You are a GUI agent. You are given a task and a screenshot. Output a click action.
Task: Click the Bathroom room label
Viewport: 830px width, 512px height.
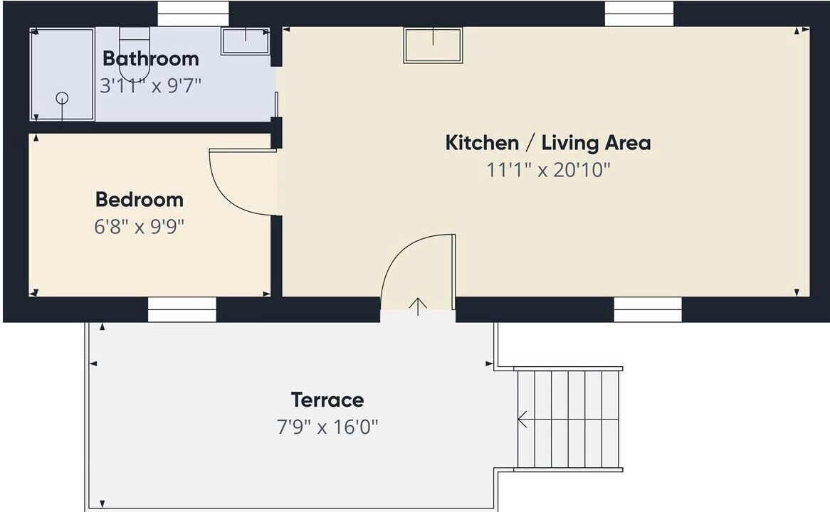(x=151, y=58)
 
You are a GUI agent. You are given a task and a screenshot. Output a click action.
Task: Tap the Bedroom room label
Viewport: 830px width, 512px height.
(x=140, y=199)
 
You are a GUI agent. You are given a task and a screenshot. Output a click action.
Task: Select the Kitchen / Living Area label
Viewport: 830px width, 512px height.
(x=548, y=143)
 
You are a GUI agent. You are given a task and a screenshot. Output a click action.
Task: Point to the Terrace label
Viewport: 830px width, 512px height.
(x=327, y=400)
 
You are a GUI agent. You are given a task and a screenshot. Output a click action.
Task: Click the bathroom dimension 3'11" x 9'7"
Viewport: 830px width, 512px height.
(x=151, y=85)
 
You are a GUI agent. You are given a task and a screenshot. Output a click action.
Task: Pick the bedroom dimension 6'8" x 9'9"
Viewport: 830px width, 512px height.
(x=140, y=226)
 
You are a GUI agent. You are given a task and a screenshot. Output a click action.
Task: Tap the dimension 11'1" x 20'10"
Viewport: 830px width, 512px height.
(x=548, y=170)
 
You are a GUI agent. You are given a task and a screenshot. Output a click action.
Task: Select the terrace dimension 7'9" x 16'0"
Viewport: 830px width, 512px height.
(x=327, y=427)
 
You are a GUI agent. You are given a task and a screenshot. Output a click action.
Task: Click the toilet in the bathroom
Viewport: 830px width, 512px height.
(x=135, y=53)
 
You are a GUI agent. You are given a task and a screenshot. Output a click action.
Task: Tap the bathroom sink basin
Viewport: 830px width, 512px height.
(x=246, y=41)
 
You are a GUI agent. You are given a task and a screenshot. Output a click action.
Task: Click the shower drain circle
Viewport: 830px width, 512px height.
(x=62, y=98)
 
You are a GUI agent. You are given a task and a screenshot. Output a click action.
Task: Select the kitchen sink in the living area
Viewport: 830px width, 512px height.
(x=433, y=45)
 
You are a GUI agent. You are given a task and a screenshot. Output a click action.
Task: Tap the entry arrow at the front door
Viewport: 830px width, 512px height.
(x=418, y=306)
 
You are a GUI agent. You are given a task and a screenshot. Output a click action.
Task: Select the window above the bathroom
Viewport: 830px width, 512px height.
(x=193, y=14)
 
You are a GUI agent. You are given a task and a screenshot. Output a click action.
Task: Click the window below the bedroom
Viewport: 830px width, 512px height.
(x=182, y=309)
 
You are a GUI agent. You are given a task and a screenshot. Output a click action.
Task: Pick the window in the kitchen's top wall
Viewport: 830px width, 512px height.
(x=639, y=14)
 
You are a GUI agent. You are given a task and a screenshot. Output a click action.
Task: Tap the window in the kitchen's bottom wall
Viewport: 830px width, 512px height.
(x=648, y=309)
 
